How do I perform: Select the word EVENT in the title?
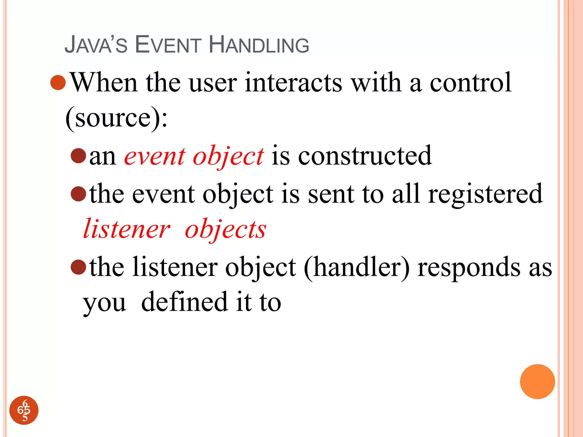168,45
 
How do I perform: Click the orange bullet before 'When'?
58,83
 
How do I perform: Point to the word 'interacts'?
293,83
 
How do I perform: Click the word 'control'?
470,83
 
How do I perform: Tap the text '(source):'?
116,118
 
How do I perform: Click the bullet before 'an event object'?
78,156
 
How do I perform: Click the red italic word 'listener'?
126,229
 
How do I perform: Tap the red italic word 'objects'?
225,229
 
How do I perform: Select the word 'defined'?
184,302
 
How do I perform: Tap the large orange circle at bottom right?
537,382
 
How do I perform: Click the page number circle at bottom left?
24,410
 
